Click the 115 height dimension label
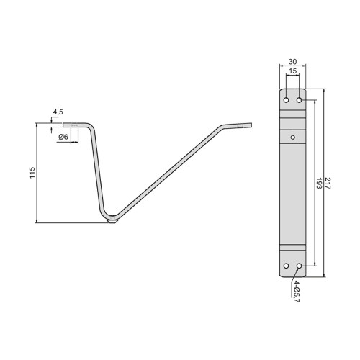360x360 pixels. pyautogui.click(x=32, y=174)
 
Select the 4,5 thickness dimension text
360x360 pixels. pyautogui.click(x=57, y=112)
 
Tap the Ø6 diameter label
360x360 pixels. pyautogui.click(x=63, y=137)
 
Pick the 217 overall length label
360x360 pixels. pyautogui.click(x=328, y=183)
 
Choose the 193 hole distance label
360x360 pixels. pyautogui.click(x=318, y=183)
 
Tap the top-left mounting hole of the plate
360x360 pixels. pyautogui.click(x=287, y=99)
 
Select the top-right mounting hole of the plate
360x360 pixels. pyautogui.click(x=299, y=99)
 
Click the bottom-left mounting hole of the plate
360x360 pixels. pyautogui.click(x=287, y=266)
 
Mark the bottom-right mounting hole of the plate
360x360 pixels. pyautogui.click(x=299, y=266)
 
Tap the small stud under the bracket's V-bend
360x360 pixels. pyautogui.click(x=112, y=222)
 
